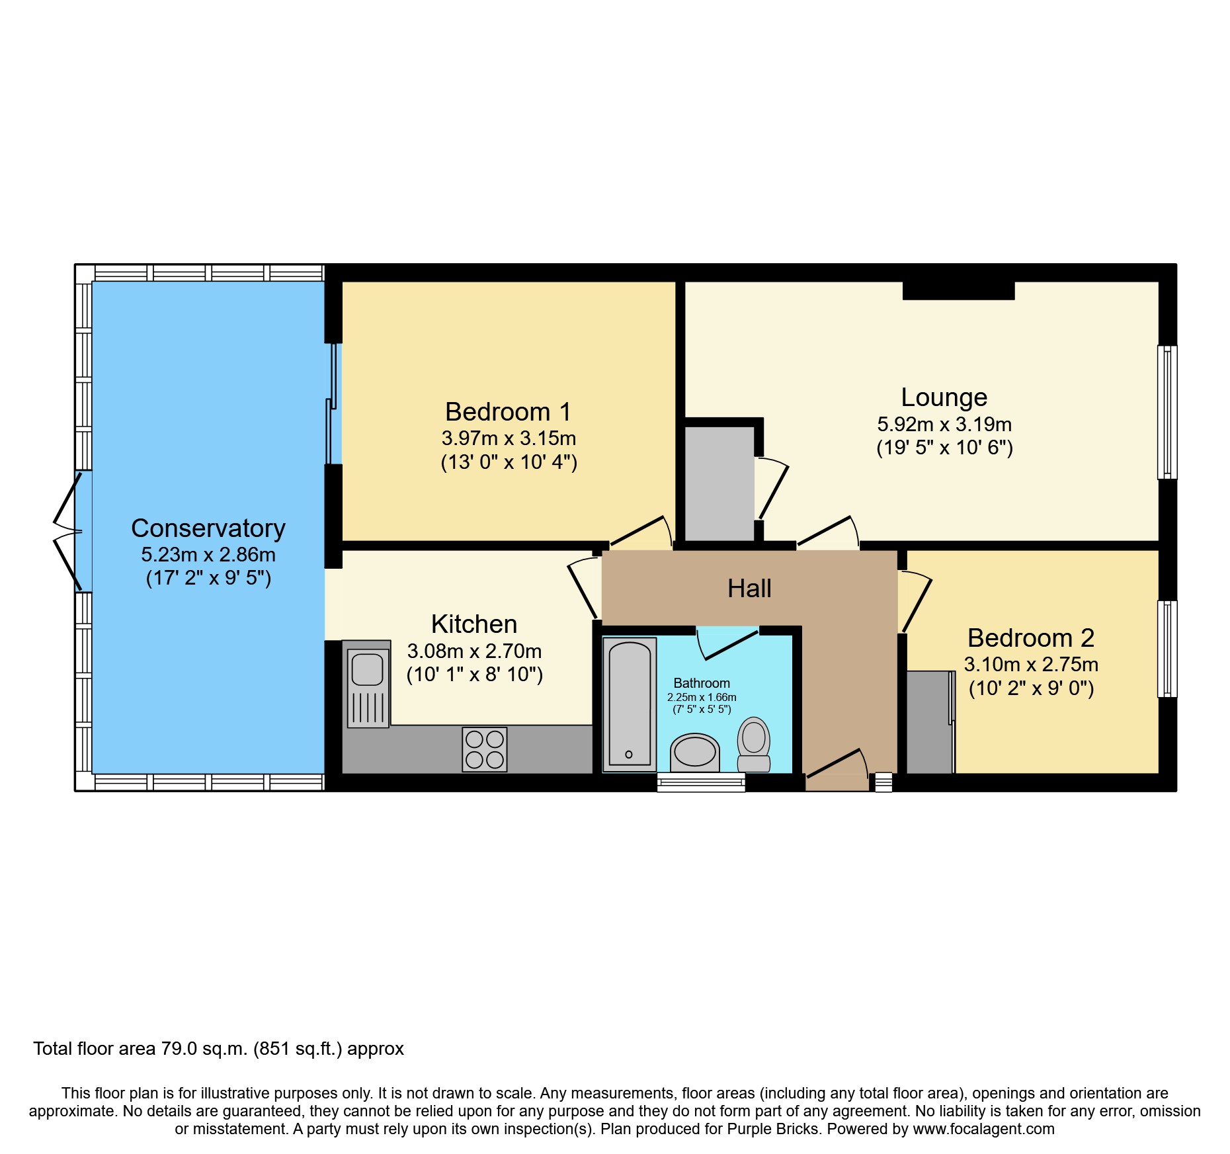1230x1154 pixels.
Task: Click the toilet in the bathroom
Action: (x=754, y=743)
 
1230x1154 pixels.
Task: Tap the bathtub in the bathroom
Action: (x=629, y=704)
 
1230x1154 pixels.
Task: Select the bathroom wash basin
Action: (x=694, y=752)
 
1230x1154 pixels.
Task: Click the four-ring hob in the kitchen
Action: (x=484, y=749)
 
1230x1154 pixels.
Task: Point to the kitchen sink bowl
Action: (x=368, y=669)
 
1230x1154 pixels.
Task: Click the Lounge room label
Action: (x=944, y=397)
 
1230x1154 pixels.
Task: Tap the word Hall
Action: (x=749, y=589)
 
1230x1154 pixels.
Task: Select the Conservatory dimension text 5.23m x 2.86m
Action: (x=208, y=555)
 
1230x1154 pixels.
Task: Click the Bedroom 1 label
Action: (x=508, y=412)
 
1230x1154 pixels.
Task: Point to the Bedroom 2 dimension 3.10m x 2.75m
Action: (x=1031, y=665)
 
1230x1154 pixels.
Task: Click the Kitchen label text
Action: (x=473, y=624)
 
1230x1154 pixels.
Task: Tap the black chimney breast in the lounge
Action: (x=958, y=290)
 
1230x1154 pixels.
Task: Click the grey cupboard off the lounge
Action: (x=719, y=483)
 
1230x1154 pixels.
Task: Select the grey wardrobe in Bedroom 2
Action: (x=928, y=722)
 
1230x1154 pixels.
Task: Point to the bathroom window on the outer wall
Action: (x=701, y=783)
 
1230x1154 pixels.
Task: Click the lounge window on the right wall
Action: (x=1167, y=412)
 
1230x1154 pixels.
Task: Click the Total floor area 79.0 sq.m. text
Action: (x=218, y=1049)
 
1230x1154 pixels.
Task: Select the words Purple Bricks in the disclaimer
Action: (x=772, y=1129)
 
